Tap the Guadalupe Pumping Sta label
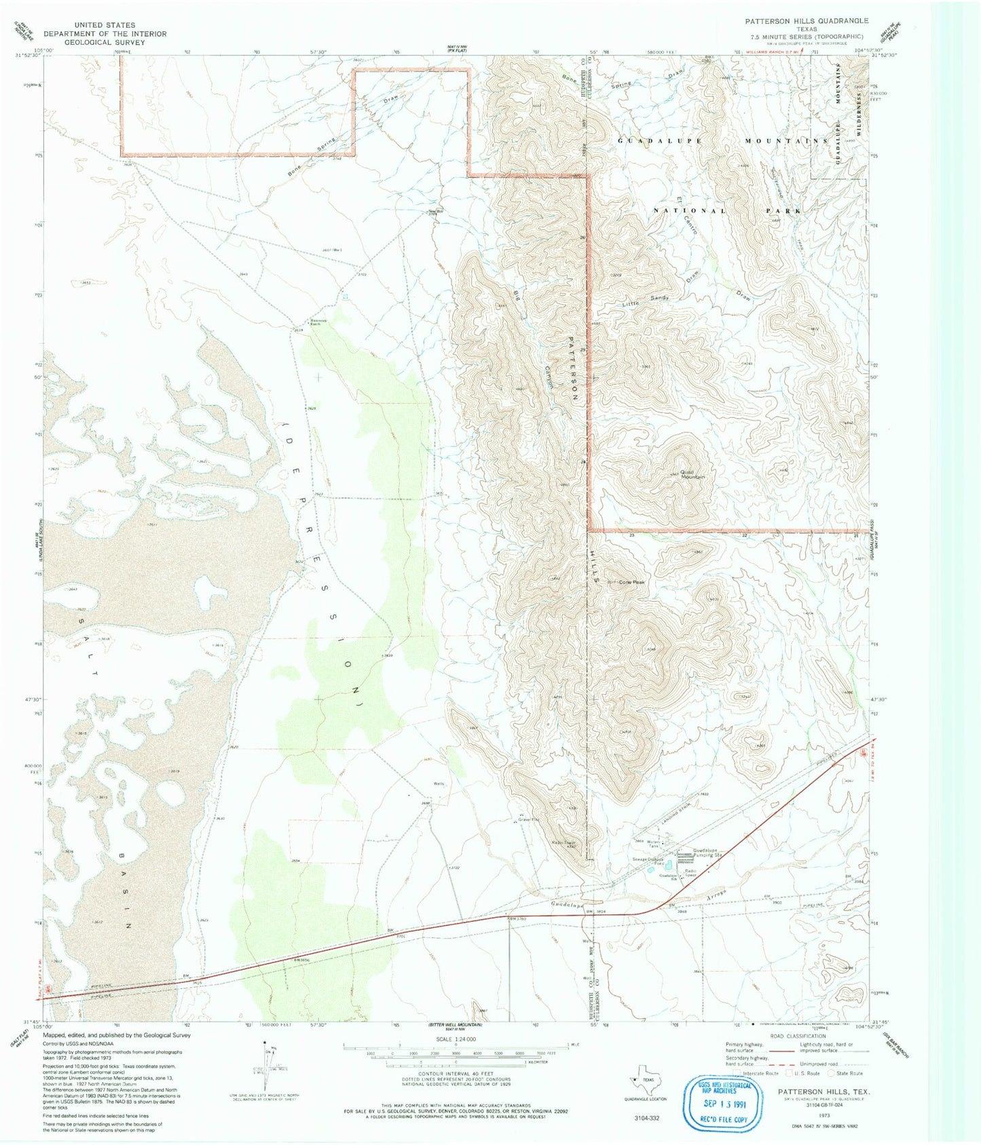pos(709,853)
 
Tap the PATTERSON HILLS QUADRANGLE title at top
pos(806,21)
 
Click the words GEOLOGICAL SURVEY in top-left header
pos(105,42)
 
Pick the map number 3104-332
pos(646,1117)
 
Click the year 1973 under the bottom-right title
pos(825,1114)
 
